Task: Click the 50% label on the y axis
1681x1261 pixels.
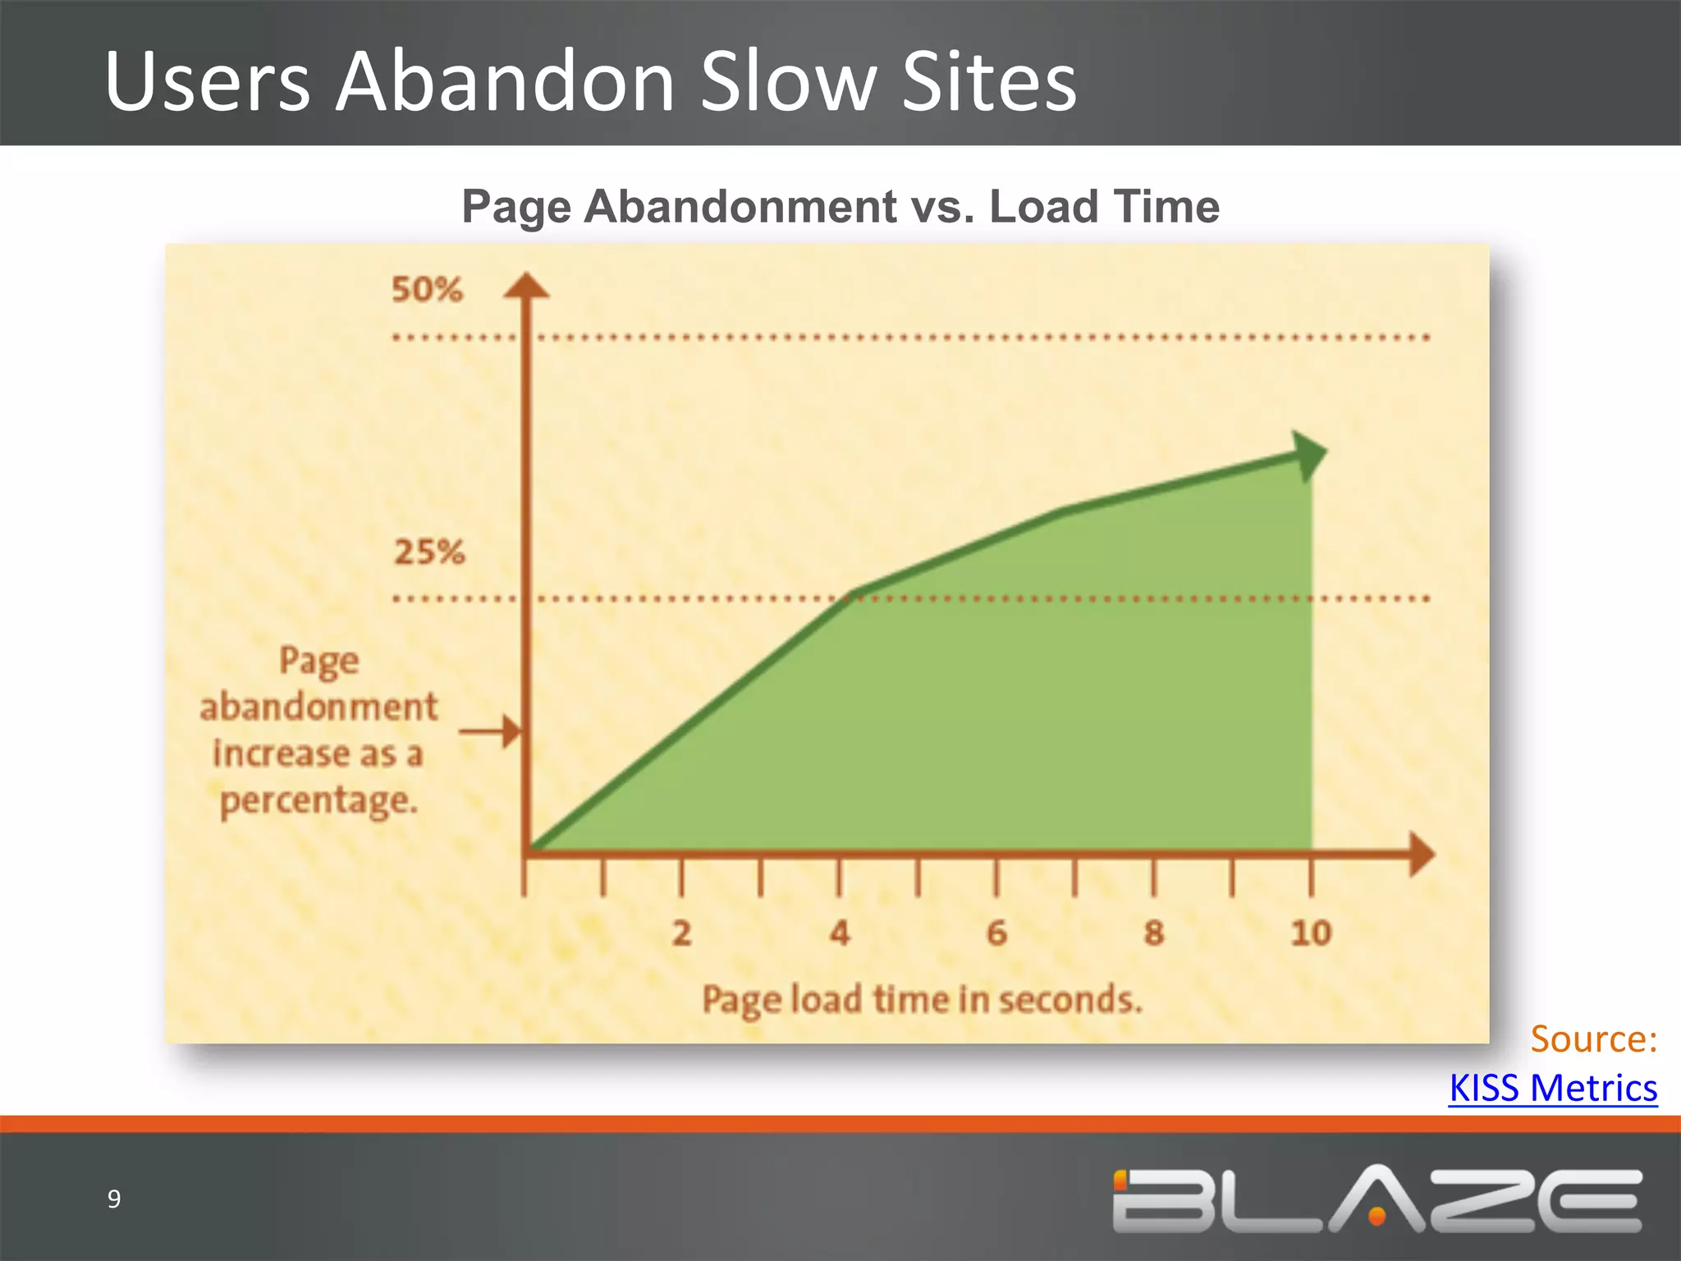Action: (427, 290)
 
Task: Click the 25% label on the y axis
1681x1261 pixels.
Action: (429, 552)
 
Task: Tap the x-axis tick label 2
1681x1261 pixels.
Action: (681, 933)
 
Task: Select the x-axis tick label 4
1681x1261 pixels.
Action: (839, 933)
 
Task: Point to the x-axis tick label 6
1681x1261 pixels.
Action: (996, 933)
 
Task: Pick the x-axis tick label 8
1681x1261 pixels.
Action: (1154, 933)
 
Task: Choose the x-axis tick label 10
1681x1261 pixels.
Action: (1311, 933)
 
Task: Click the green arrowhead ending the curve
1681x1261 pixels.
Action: (1308, 455)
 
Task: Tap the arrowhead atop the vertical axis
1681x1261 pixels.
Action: (526, 286)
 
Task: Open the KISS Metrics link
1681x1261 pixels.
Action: (1553, 1088)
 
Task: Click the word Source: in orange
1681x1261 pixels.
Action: (1593, 1039)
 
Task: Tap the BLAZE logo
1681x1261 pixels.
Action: (1377, 1200)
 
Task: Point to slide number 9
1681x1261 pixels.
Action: (114, 1199)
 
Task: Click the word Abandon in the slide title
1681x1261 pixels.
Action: (505, 82)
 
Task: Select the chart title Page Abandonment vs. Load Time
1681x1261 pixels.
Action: (840, 206)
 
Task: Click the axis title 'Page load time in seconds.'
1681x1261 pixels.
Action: (922, 1000)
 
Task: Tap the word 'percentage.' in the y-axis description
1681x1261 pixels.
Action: (318, 801)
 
